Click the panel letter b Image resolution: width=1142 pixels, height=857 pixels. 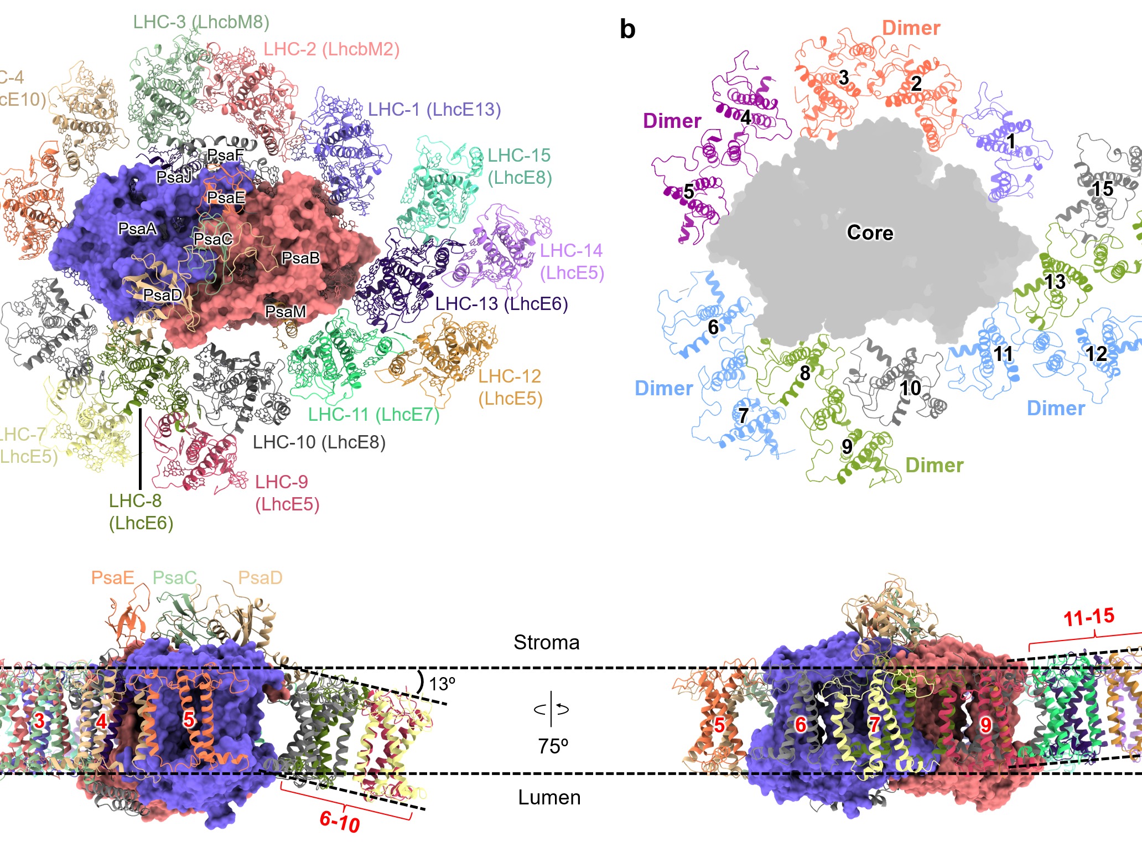point(627,29)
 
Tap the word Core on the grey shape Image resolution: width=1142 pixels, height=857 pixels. point(870,233)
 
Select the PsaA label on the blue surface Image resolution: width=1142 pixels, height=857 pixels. point(137,229)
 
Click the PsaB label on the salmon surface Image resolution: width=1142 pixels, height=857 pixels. point(300,258)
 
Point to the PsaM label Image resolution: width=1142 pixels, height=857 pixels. point(285,312)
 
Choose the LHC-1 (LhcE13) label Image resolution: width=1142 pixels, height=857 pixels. point(434,110)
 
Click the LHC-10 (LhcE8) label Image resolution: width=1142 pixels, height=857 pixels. point(319,442)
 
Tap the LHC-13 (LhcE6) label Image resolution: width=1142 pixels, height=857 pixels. point(501,303)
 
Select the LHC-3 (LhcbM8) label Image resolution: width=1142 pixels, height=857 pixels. point(201,22)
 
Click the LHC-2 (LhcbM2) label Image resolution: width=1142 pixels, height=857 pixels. point(331,49)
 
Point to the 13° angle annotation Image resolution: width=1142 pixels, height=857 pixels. point(442,684)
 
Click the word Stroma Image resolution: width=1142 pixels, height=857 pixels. point(546,642)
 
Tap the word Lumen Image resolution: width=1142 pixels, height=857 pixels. point(549,797)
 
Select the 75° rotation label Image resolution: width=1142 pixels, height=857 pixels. point(553,746)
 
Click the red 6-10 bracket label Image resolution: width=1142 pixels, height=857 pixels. point(340,822)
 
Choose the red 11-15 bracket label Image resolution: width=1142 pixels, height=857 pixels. point(1088,617)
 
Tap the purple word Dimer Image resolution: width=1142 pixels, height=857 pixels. point(672,121)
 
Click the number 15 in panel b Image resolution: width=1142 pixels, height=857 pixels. point(1102,189)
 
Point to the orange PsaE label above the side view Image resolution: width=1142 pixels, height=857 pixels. point(112,578)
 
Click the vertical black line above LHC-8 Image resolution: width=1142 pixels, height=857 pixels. point(140,448)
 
